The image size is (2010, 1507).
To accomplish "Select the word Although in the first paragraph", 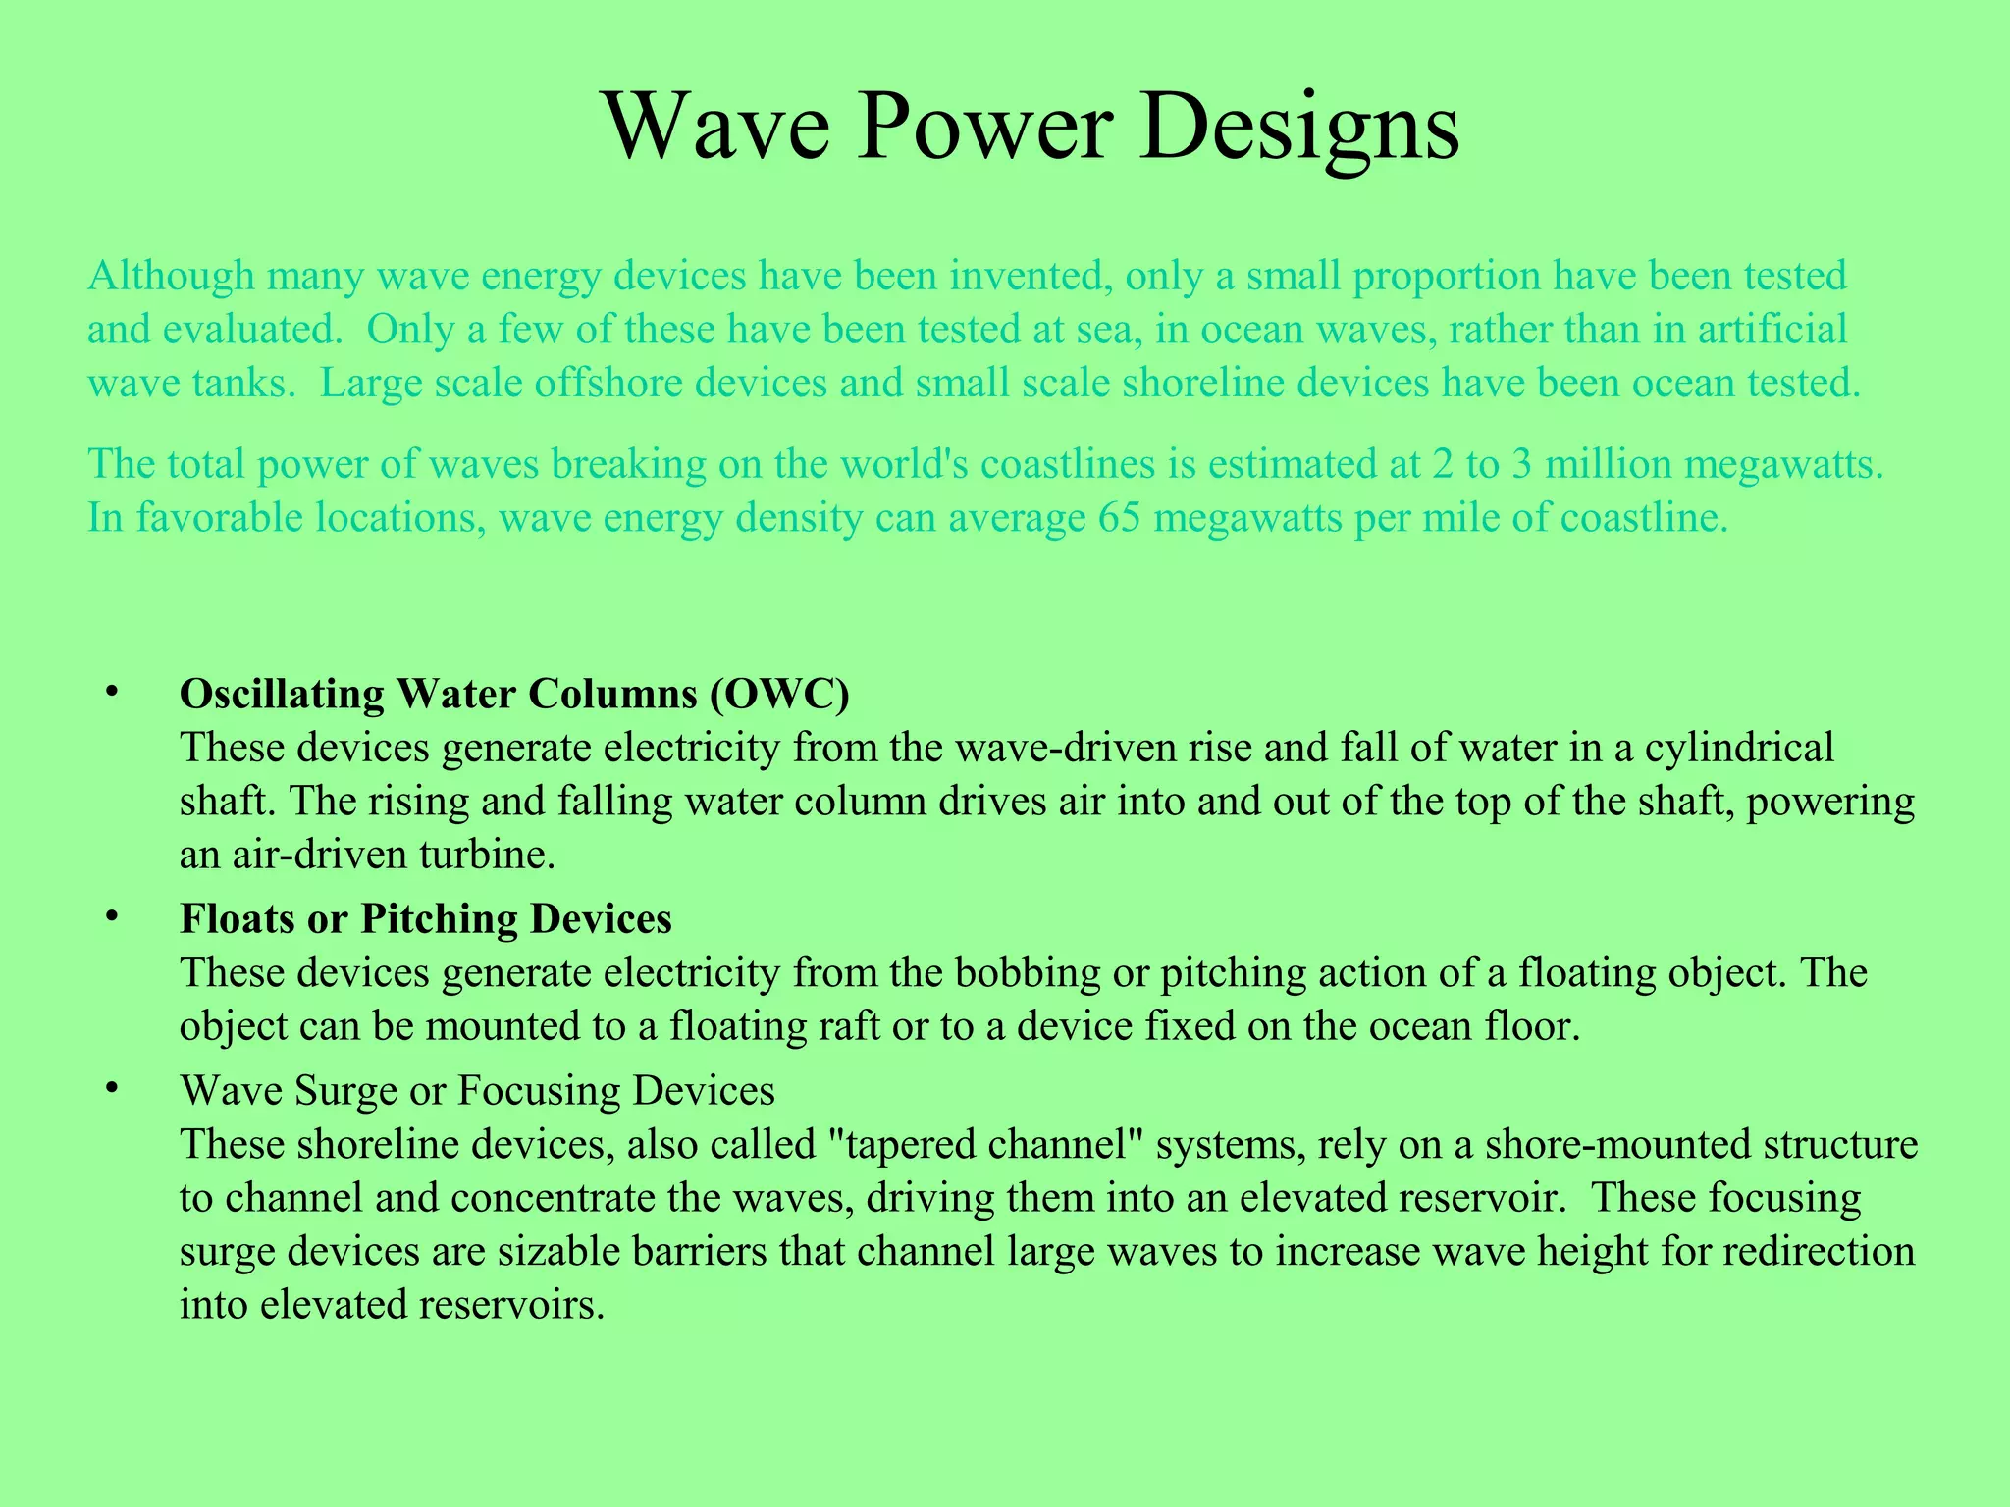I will pyautogui.click(x=172, y=277).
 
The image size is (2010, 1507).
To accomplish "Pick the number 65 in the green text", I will pyautogui.click(x=1120, y=517).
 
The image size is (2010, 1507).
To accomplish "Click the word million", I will pyautogui.click(x=1608, y=464).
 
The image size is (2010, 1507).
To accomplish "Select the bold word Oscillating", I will pyautogui.click(x=282, y=694).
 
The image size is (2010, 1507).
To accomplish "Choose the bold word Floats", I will pyautogui.click(x=236, y=918).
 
